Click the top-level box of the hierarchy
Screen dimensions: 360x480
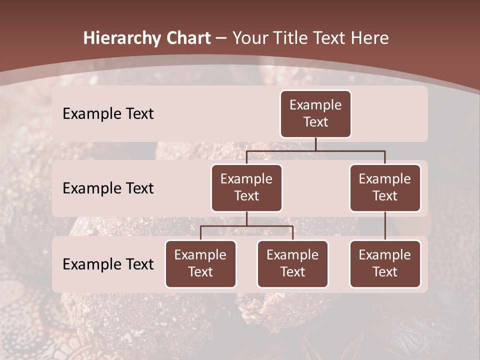click(315, 114)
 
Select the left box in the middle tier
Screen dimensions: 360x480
click(246, 188)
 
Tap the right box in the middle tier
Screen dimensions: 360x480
click(385, 188)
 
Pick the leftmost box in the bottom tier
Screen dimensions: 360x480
click(200, 264)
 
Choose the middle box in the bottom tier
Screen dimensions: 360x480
click(292, 264)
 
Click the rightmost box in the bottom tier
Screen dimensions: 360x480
click(385, 264)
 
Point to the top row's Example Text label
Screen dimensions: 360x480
click(108, 114)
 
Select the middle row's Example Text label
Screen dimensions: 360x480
click(108, 188)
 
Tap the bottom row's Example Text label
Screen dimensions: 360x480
click(108, 264)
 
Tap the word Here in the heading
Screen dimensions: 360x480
click(370, 38)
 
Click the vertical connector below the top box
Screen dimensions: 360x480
click(315, 144)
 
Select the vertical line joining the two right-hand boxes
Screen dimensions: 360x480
click(385, 226)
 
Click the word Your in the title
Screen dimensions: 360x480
click(249, 38)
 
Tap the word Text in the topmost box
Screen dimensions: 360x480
click(315, 122)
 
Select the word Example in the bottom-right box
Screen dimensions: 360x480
click(385, 255)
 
